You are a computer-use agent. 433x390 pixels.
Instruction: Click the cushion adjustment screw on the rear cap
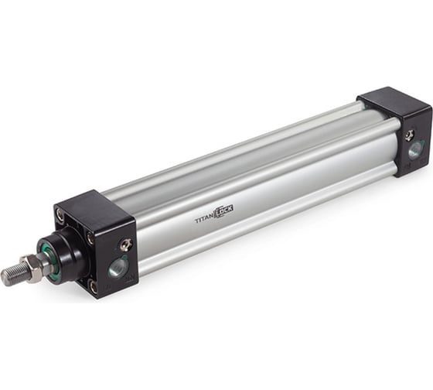click(x=409, y=135)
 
